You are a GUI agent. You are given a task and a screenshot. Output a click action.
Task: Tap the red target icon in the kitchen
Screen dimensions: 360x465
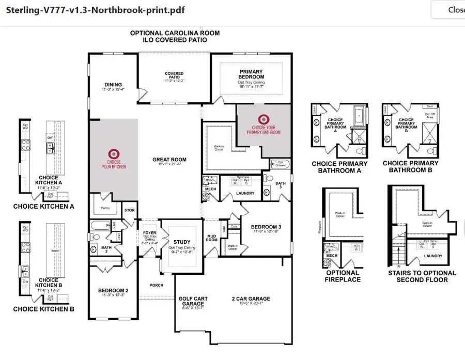click(114, 153)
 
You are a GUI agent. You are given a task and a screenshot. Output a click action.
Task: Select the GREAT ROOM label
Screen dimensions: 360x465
click(169, 160)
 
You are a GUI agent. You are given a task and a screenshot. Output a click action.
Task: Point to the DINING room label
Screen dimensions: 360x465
click(113, 85)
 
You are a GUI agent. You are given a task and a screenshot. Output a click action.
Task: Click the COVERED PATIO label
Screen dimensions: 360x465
click(174, 74)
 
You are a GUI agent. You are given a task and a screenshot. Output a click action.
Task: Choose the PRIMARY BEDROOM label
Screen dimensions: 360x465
click(251, 75)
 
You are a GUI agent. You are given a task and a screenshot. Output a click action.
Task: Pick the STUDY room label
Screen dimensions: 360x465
click(181, 242)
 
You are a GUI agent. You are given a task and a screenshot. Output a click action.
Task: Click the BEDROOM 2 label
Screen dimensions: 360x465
click(113, 291)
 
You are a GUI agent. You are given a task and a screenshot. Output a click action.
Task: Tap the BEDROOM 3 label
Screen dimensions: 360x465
click(267, 227)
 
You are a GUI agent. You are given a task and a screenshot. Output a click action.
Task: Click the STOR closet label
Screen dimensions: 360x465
click(130, 211)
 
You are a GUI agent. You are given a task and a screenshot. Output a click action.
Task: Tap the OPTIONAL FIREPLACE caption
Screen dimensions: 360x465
click(343, 276)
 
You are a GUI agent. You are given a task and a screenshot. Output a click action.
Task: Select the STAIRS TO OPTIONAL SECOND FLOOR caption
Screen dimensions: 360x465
click(422, 276)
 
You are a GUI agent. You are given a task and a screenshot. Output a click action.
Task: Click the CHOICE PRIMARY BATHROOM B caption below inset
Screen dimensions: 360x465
click(411, 167)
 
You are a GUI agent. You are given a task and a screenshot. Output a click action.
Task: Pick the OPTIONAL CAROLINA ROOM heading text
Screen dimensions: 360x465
click(175, 33)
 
